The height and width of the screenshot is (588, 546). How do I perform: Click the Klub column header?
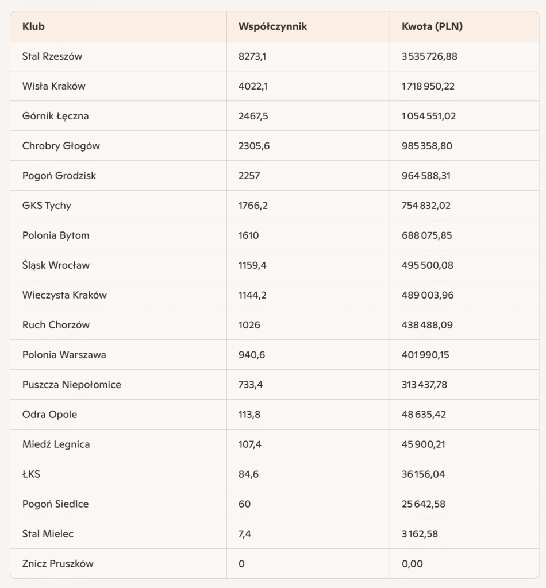pos(34,26)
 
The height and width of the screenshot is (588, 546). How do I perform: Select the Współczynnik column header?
pos(272,26)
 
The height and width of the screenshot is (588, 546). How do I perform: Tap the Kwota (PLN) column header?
pos(432,26)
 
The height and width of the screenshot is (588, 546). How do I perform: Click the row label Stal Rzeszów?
pos(52,56)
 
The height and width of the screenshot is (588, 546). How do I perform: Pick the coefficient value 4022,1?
pos(253,86)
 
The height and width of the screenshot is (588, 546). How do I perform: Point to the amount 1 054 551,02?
pos(429,116)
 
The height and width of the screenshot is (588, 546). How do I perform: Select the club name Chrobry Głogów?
pos(61,146)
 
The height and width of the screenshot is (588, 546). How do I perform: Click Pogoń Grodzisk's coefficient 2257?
pos(249,176)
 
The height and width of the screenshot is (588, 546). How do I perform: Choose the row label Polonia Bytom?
pos(56,235)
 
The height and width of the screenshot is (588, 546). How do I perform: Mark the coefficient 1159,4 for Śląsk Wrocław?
pos(252,265)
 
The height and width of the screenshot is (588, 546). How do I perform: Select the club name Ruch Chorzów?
pos(56,325)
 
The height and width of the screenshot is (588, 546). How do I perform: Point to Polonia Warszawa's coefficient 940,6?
pos(251,355)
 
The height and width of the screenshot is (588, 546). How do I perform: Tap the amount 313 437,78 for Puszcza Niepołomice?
pos(424,385)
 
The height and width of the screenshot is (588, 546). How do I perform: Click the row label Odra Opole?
pos(49,415)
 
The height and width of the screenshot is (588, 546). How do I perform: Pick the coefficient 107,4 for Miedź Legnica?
pos(249,444)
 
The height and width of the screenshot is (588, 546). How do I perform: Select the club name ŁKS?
pos(31,474)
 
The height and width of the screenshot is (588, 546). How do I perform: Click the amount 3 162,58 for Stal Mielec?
pos(420,534)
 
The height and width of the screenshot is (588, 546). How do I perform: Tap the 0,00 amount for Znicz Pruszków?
pos(412,564)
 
